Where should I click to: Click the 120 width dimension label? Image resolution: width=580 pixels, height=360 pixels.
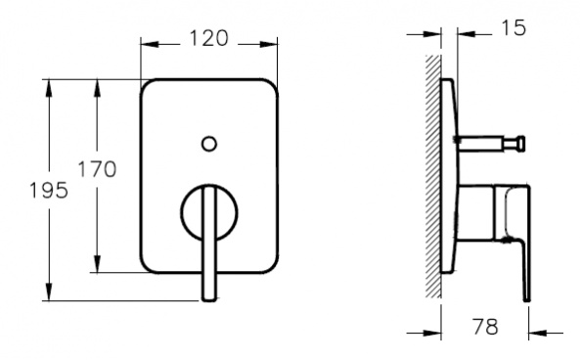[x=209, y=38]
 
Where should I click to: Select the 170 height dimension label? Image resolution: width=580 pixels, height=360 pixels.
[x=97, y=169]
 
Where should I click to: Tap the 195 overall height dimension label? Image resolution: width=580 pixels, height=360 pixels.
[x=49, y=190]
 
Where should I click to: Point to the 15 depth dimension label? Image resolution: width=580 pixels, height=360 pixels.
[x=513, y=27]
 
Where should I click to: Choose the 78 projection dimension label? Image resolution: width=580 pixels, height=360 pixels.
[x=485, y=327]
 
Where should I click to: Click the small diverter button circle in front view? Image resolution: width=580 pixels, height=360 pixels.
[x=209, y=144]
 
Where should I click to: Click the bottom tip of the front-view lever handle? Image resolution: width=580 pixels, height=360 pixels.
[x=209, y=299]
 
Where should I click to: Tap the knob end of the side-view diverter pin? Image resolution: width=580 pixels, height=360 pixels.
[x=520, y=143]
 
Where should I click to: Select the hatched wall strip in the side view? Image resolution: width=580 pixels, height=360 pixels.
[x=433, y=176]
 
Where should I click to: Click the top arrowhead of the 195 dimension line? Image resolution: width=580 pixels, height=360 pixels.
[x=49, y=88]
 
